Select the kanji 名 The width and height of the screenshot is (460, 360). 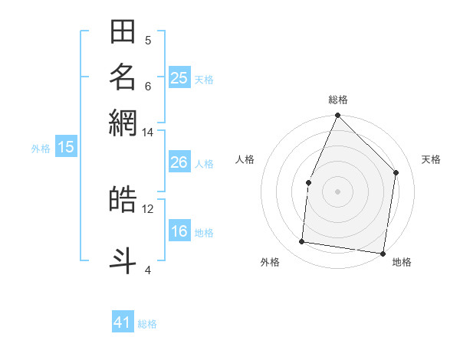[123, 77]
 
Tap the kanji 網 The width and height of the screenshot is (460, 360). [123, 123]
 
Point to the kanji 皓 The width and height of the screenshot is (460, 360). [123, 199]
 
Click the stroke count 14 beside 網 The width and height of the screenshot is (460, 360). [147, 132]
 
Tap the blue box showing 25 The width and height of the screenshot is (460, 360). [179, 77]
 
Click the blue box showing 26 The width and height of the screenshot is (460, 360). [179, 162]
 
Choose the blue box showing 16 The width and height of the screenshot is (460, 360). [179, 231]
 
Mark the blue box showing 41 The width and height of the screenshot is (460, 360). [123, 322]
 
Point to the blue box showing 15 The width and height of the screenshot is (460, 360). [65, 147]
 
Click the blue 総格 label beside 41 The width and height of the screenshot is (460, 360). [147, 324]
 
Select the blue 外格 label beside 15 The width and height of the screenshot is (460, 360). [41, 149]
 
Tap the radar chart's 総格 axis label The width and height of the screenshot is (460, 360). [337, 100]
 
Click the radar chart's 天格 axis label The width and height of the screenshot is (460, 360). [431, 159]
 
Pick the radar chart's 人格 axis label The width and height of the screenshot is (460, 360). [245, 159]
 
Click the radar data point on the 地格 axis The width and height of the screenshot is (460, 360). [383, 253]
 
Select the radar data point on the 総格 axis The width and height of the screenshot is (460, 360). [337, 116]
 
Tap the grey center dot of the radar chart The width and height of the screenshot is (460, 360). [337, 191]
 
